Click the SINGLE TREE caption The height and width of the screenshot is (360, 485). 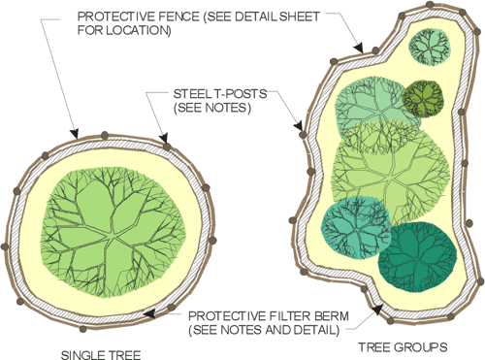pos(101,355)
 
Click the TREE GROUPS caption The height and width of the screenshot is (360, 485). pos(403,347)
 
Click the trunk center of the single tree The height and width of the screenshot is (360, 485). pos(113,238)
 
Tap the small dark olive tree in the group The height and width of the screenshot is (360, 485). pos(423,98)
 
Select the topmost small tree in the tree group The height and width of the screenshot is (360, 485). pos(430,48)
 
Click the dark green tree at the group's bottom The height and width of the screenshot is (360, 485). pos(418,256)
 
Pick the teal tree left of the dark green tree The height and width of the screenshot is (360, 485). pos(356,227)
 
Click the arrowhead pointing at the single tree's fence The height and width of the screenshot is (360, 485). pos(75,133)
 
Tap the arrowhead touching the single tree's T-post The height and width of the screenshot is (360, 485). pos(164,138)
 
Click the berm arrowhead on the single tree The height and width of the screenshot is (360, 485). pos(148,313)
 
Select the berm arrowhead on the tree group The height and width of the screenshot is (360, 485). pos(377,310)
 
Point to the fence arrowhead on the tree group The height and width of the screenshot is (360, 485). pos(358,48)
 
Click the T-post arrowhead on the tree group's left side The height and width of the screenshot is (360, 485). pos(299,126)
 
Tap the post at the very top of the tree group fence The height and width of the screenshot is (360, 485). pos(430,5)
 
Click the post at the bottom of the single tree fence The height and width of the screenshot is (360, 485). pos(83,329)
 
